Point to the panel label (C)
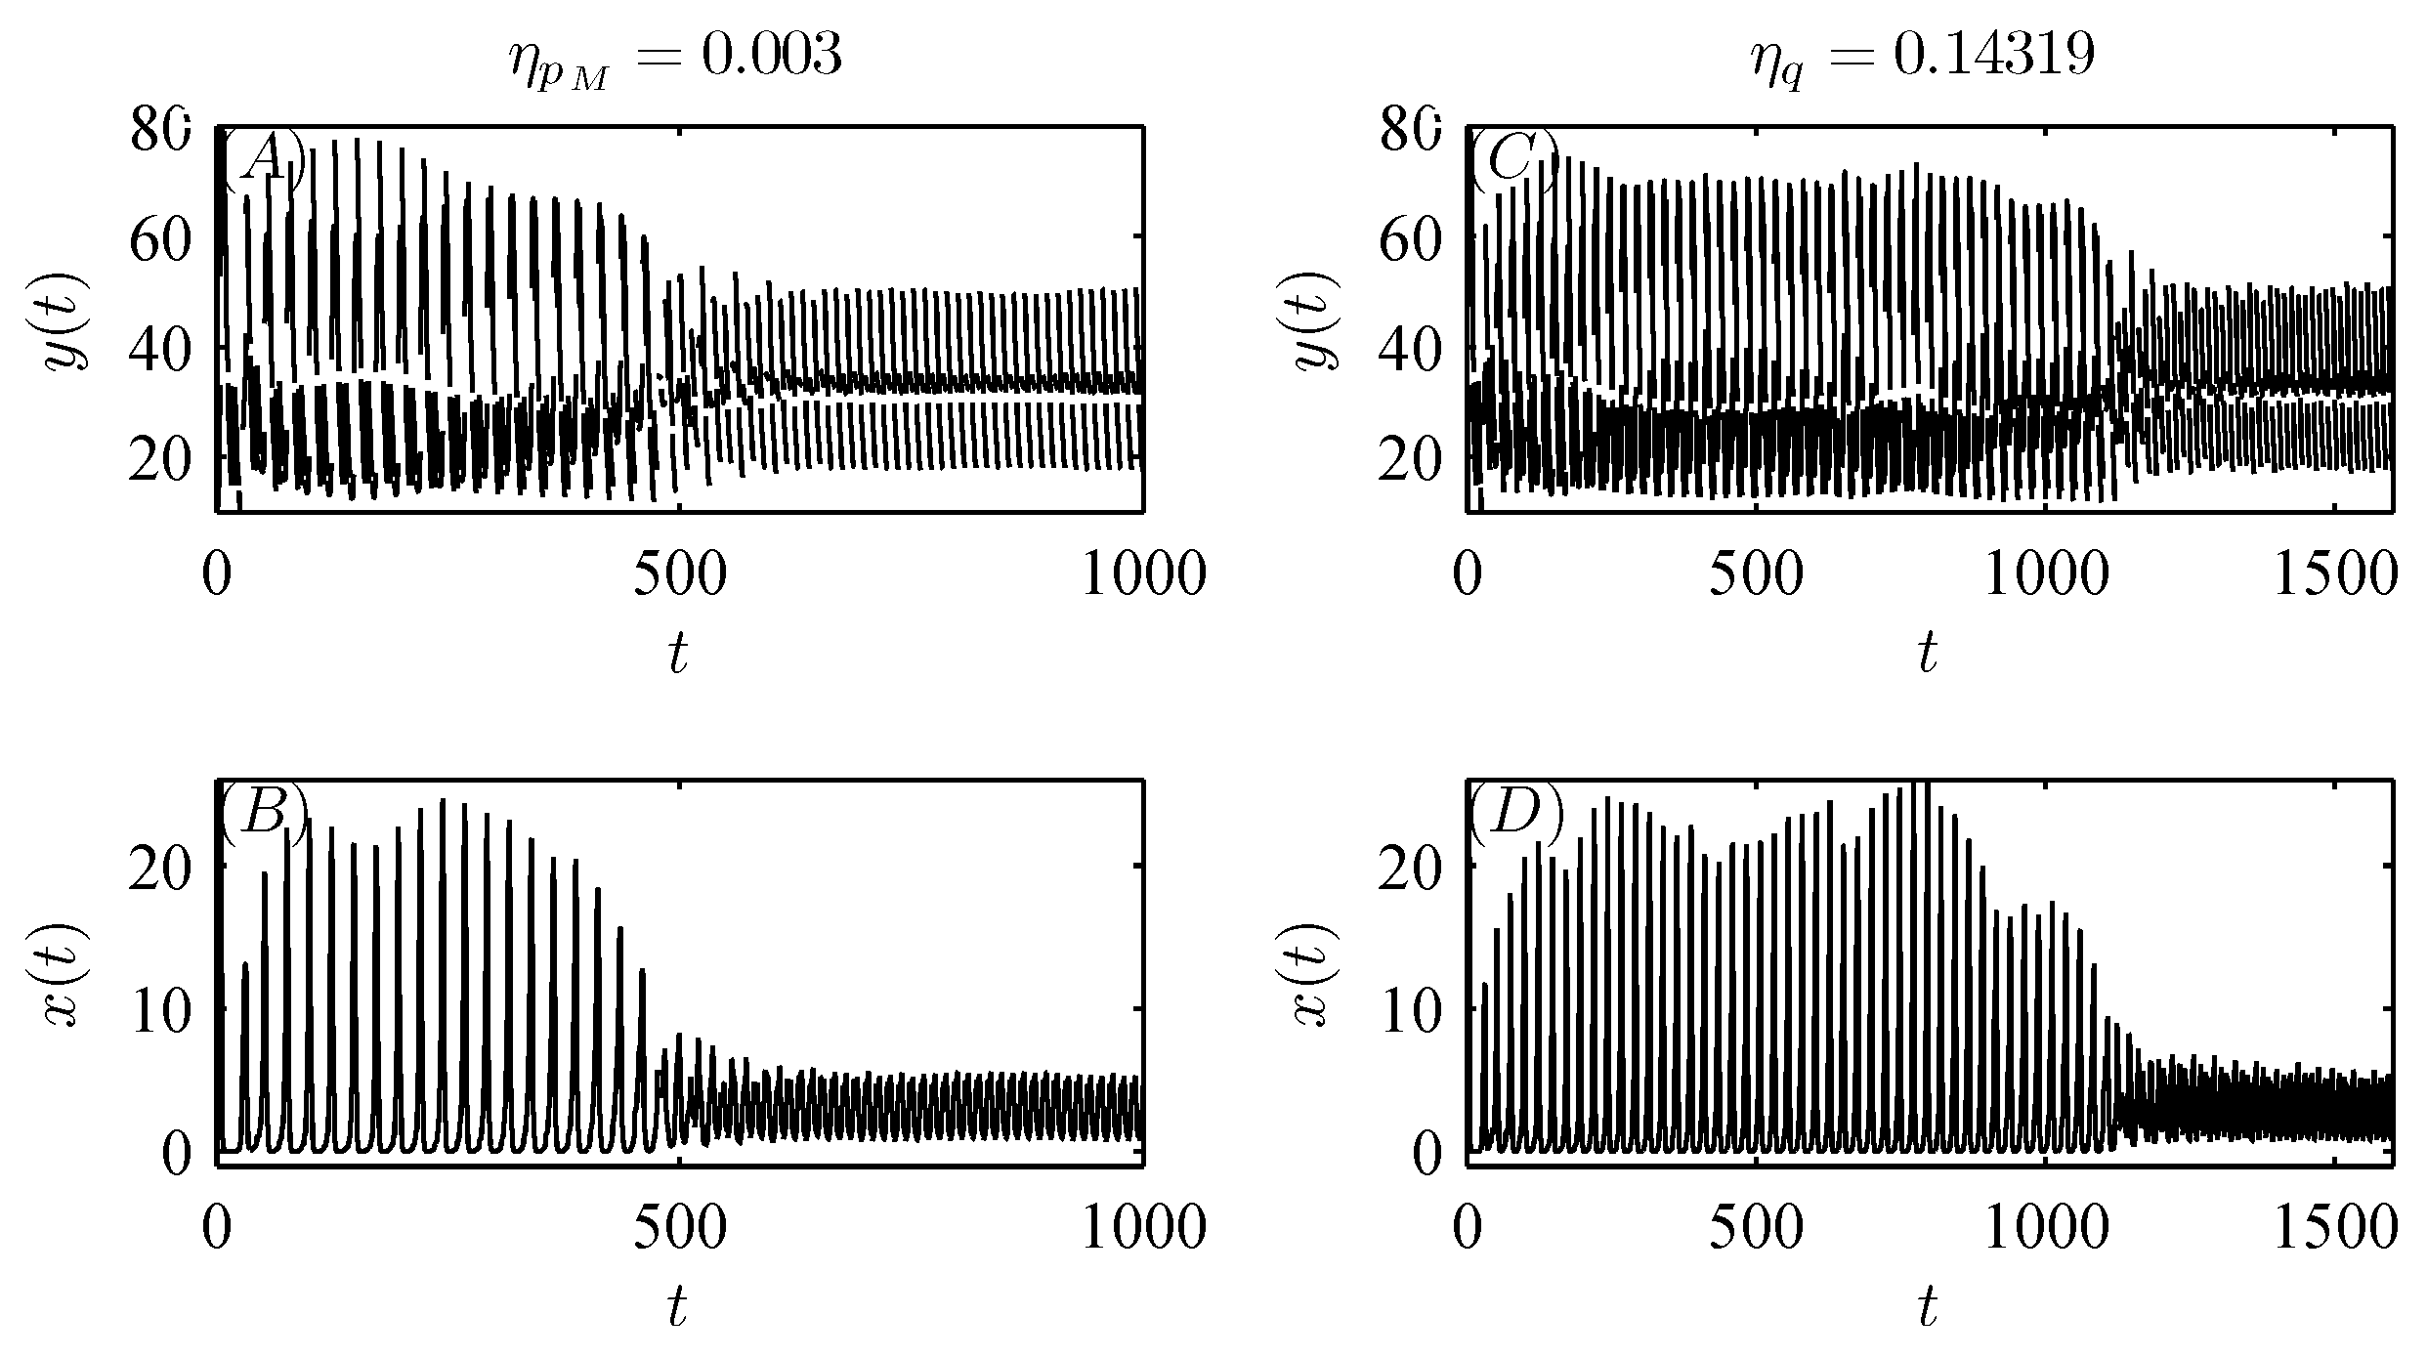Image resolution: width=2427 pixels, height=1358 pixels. (1512, 159)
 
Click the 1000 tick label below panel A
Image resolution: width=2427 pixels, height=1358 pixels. (1142, 576)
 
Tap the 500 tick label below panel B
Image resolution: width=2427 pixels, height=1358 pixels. (680, 1229)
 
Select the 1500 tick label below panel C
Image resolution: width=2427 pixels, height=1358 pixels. (2335, 576)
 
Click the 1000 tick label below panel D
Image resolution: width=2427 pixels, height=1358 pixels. (2046, 1229)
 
